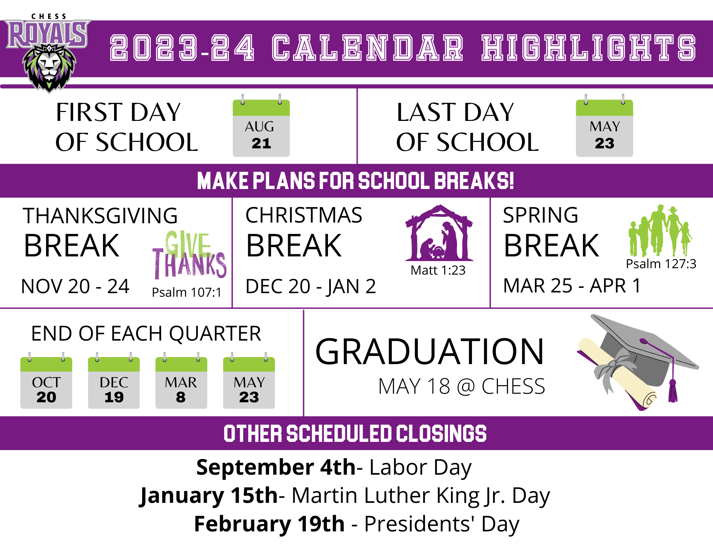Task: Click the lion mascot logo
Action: (49, 68)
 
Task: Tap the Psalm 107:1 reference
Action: (186, 292)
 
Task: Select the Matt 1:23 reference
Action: (438, 270)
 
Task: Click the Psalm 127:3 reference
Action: (661, 264)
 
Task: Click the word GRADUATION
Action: (430, 352)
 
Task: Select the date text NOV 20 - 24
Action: (75, 286)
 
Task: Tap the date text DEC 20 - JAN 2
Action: (311, 286)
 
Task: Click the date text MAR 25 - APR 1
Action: (572, 286)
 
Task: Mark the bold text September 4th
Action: (276, 467)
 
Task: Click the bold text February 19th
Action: (269, 524)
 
